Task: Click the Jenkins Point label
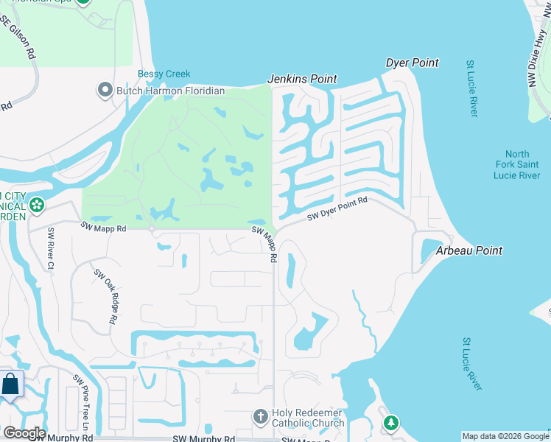tap(302, 79)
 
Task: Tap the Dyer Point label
tap(413, 63)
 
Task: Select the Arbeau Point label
tap(469, 250)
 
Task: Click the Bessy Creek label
tap(164, 74)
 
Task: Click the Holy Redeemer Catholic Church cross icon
tap(260, 417)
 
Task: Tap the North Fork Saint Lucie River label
tap(518, 166)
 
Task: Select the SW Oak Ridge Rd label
tap(106, 297)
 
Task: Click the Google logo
tap(24, 433)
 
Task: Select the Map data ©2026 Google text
tap(505, 436)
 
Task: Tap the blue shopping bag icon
tap(11, 385)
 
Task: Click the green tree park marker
tap(391, 423)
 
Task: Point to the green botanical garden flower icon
tap(36, 205)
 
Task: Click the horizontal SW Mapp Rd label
tap(103, 229)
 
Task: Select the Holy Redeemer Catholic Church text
tap(308, 418)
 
